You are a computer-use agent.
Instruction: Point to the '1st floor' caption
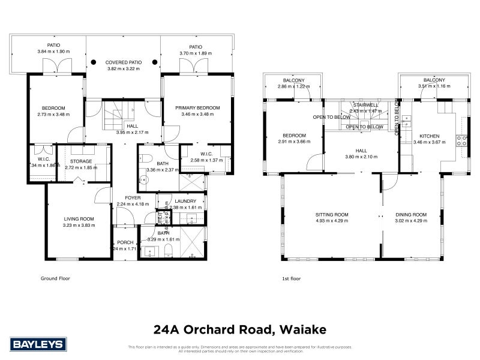(x=291, y=279)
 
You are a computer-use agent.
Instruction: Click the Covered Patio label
(x=123, y=62)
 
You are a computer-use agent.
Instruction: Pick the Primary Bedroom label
(x=197, y=108)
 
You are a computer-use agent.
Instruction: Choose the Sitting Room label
(x=332, y=214)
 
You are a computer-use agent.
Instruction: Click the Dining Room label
(x=411, y=214)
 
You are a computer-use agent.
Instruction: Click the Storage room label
(x=80, y=161)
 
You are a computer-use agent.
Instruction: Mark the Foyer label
(x=133, y=197)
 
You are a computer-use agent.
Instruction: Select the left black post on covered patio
(x=93, y=61)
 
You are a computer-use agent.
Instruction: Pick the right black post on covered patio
(x=154, y=61)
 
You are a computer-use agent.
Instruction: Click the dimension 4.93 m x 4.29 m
(x=332, y=221)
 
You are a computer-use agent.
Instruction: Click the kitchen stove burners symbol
(x=463, y=142)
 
